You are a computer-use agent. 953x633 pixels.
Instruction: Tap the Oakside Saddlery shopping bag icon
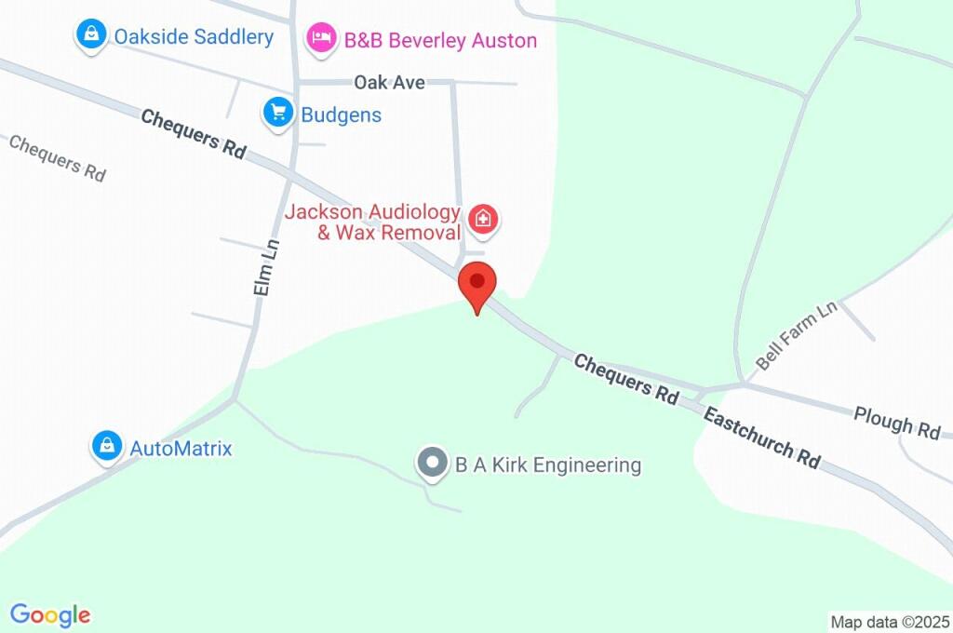click(91, 35)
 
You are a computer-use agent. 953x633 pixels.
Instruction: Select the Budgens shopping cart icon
click(277, 113)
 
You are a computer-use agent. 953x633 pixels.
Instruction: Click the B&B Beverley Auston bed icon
click(321, 37)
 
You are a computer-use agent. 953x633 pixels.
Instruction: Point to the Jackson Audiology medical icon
click(483, 221)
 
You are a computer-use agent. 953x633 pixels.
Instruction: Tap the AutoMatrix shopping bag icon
click(108, 446)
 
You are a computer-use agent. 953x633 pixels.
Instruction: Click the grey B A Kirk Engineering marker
click(432, 463)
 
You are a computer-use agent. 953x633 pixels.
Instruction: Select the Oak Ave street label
click(389, 83)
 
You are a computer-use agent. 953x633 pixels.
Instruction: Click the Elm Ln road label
click(266, 268)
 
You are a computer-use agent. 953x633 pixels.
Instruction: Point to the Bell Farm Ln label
click(796, 336)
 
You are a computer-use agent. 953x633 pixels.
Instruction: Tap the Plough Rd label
click(897, 423)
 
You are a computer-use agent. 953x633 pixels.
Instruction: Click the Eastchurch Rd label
click(761, 437)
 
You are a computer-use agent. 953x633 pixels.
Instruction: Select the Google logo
click(50, 615)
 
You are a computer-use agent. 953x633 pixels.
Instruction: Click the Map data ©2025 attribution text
click(890, 622)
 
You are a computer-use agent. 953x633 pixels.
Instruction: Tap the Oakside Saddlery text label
click(194, 37)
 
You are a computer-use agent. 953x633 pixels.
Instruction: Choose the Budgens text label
click(341, 115)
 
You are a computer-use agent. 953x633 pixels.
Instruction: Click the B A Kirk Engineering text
click(548, 465)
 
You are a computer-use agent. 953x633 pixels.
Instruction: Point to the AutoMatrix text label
click(181, 449)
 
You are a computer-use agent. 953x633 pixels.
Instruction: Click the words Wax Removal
click(389, 233)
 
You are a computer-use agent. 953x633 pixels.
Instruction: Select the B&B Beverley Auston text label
click(440, 40)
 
